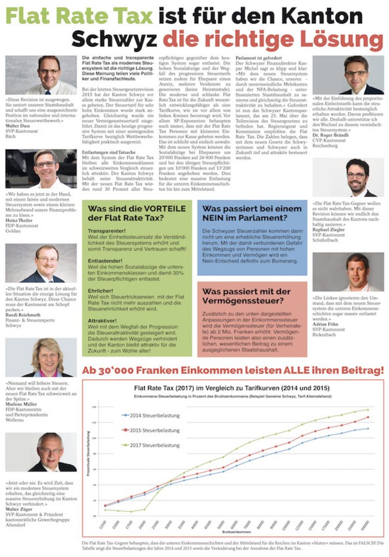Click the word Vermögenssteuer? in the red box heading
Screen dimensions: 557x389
tap(240, 301)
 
